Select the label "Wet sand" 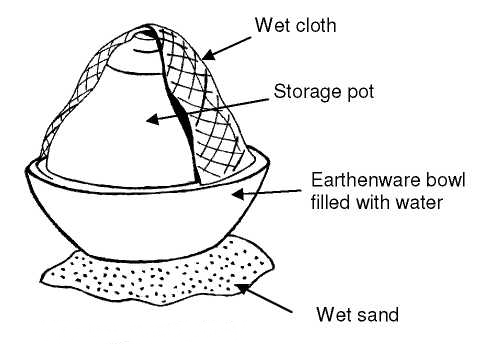point(356,316)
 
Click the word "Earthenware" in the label point(352,182)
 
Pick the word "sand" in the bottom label point(378,316)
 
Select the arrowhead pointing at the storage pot point(153,120)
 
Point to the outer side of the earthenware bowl point(150,215)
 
